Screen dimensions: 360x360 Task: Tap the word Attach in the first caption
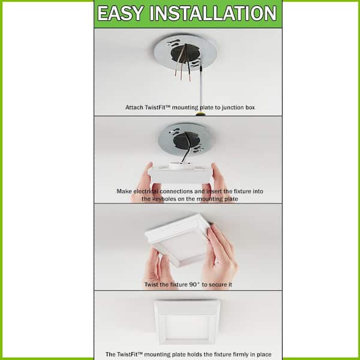[x=134, y=107]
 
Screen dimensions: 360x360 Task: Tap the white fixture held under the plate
[x=180, y=174]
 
